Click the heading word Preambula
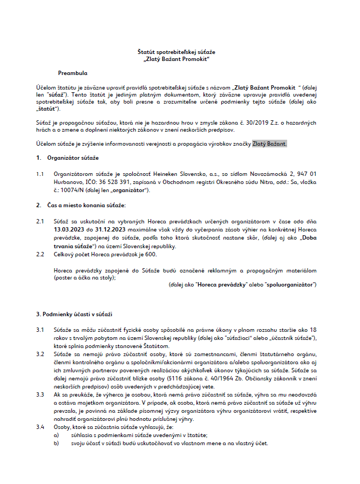(x=72, y=72)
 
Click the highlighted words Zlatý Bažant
(x=270, y=144)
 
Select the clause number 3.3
(x=40, y=396)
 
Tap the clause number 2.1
(x=40, y=221)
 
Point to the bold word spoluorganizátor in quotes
(x=289, y=284)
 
